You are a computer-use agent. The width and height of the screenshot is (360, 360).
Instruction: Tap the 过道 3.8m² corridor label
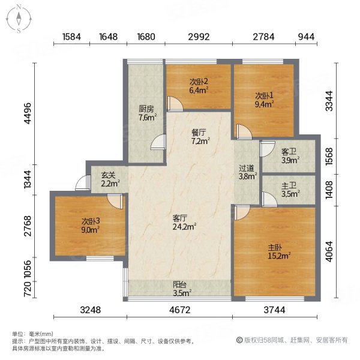[x=248, y=173]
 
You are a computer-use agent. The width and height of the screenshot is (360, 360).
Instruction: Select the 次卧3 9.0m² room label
[x=91, y=225]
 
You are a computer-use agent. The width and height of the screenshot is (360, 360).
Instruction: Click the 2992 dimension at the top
[x=199, y=37]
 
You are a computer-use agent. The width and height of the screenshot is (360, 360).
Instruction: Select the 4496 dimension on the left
[x=26, y=112]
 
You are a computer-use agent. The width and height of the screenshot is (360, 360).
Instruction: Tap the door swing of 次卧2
[x=176, y=104]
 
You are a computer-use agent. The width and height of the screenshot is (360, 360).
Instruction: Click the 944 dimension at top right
[x=306, y=37]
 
